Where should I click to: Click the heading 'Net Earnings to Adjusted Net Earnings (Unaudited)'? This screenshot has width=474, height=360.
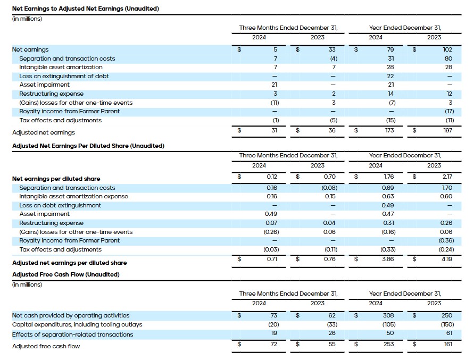(86, 9)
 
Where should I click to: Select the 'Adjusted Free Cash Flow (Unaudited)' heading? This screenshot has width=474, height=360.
(65, 274)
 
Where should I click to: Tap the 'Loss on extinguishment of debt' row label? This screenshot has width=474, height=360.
(64, 76)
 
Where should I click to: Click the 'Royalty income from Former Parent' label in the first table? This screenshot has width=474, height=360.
(69, 111)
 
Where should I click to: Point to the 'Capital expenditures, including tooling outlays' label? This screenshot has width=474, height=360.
(77, 324)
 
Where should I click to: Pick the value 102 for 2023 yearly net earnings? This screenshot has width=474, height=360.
(447, 49)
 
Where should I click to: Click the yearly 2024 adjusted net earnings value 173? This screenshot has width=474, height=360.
(389, 130)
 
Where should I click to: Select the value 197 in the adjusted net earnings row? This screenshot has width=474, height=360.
(447, 130)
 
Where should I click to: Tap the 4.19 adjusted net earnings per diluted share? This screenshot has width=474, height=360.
(446, 259)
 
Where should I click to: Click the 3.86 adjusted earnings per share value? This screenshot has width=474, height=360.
(388, 259)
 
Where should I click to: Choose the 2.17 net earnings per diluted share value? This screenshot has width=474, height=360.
(446, 176)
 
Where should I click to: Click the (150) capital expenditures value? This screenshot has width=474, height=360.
(446, 324)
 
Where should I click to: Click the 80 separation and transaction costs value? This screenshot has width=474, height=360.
(448, 58)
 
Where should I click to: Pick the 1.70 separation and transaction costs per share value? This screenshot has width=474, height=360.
(446, 188)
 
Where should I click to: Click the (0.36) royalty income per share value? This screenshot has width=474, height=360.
(445, 240)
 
